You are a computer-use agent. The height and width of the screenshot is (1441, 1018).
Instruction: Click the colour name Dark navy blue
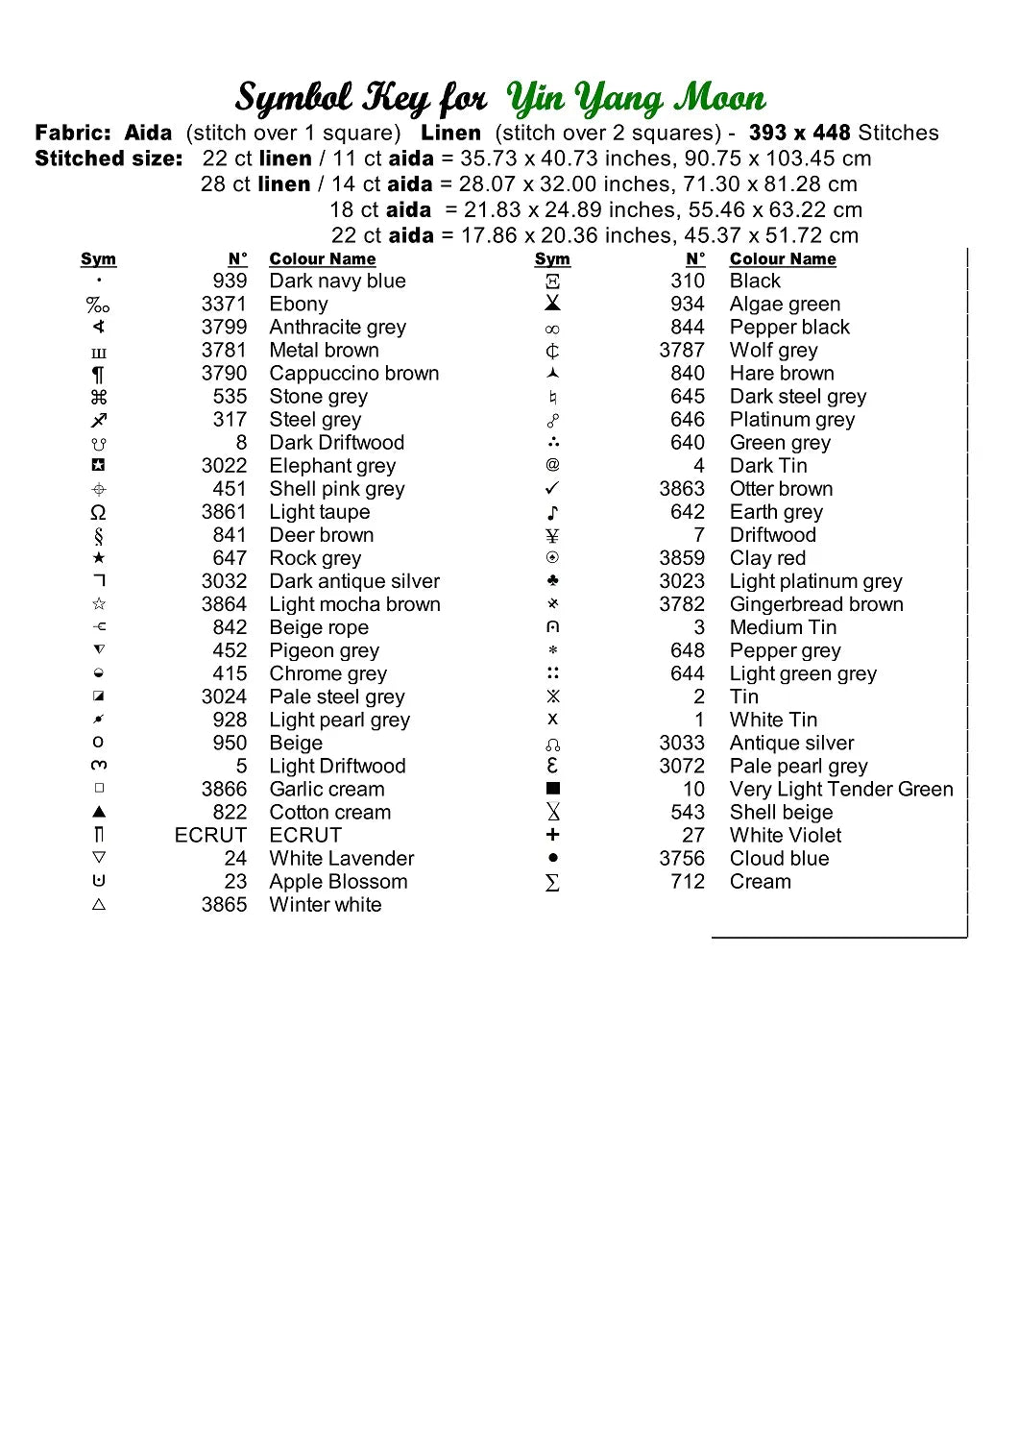point(337,281)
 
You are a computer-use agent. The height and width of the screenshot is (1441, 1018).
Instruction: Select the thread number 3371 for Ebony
point(224,305)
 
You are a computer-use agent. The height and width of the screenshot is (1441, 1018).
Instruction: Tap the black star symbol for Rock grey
point(99,558)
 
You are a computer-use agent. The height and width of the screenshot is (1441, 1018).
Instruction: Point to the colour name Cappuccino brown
point(353,374)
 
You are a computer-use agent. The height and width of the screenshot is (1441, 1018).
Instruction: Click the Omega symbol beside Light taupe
point(98,512)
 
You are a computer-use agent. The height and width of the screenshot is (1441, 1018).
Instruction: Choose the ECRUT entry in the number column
point(210,836)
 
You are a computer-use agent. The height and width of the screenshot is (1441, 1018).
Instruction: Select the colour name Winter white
point(325,905)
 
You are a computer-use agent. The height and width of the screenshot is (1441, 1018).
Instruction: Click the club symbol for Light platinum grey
point(552,581)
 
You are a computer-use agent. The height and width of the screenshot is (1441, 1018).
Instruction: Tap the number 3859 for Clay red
point(681,558)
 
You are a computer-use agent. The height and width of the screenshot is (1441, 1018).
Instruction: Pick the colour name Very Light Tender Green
point(841,790)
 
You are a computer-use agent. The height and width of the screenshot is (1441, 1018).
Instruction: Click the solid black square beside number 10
point(552,789)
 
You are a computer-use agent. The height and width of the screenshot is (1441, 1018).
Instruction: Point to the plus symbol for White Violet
point(552,835)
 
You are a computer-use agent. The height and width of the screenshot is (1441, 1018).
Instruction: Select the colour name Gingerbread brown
point(816,604)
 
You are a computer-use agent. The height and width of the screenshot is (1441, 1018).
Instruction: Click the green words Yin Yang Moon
point(636,98)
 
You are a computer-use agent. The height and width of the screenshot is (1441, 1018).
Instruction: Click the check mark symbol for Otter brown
point(552,488)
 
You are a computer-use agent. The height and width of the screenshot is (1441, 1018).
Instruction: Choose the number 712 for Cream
point(687,882)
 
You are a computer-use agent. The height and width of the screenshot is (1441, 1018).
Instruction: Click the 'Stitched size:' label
point(109,159)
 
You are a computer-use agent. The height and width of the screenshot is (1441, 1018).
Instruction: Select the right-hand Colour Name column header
point(782,259)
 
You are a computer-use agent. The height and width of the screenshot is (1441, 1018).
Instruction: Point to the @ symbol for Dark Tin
point(552,465)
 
